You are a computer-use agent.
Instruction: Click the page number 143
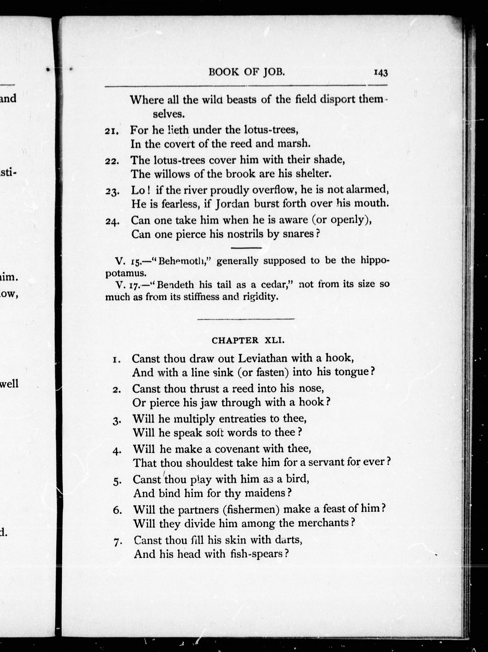380,73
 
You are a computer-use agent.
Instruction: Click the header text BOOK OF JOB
247,72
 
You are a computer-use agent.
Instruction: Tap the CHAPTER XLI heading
248,340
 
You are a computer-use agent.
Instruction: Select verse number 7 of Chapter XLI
117,542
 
